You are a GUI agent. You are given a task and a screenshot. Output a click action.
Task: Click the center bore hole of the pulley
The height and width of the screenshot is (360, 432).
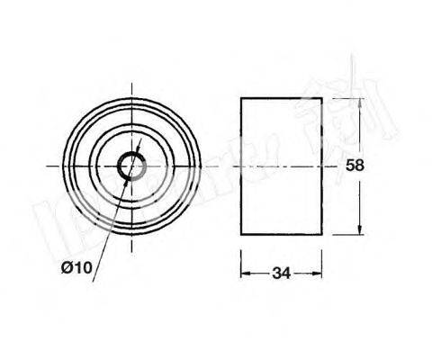point(131,166)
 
